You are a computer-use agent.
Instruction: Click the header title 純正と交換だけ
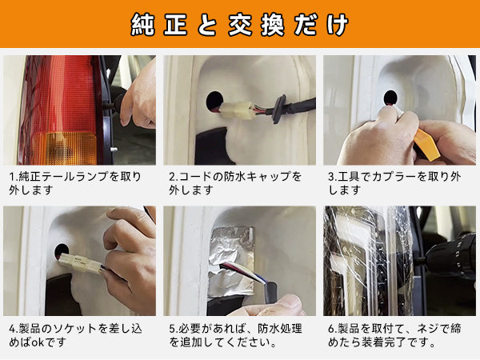(x=240, y=25)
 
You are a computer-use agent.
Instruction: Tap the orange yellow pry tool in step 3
(x=426, y=145)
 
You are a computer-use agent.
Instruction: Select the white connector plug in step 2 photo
(x=238, y=110)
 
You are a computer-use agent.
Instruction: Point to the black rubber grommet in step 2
(x=279, y=109)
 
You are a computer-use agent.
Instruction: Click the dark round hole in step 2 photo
(x=214, y=101)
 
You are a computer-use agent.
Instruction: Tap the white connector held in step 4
(x=81, y=263)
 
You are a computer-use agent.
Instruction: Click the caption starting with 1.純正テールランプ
(x=75, y=183)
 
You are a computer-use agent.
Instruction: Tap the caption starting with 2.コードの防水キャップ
(x=235, y=183)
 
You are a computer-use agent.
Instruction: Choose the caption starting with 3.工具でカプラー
(x=394, y=183)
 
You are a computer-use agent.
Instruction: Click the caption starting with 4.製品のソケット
(x=75, y=335)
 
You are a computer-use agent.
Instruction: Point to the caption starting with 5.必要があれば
(x=235, y=335)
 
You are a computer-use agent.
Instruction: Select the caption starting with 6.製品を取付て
(x=394, y=335)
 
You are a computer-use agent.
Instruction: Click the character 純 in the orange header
(x=142, y=25)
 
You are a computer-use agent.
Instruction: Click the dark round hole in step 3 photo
(x=390, y=98)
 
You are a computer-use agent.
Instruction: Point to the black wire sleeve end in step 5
(x=271, y=292)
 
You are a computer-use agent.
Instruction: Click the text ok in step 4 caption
(x=38, y=342)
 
